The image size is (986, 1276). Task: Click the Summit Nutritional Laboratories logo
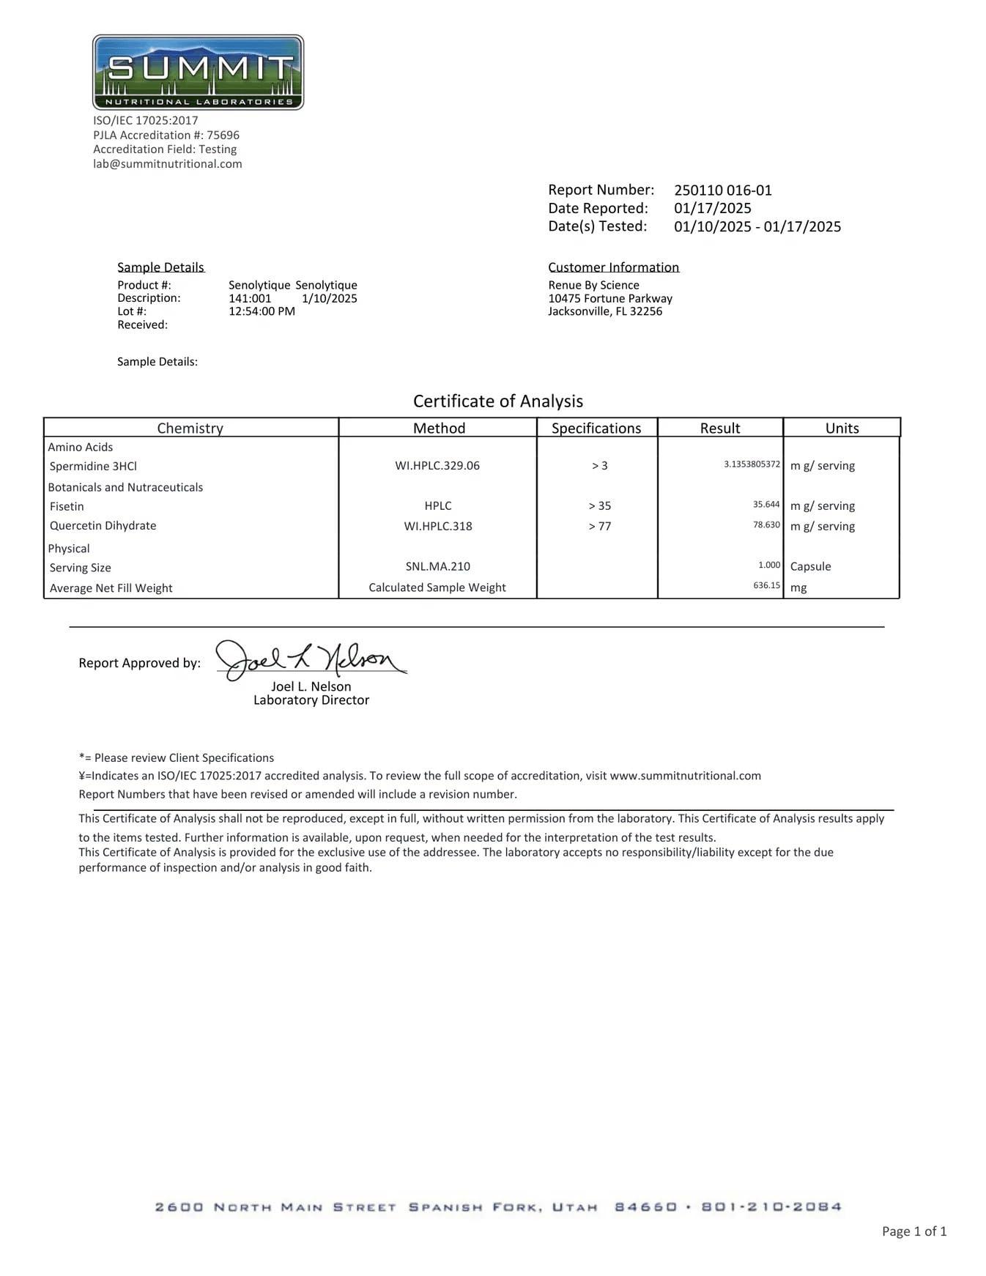click(198, 72)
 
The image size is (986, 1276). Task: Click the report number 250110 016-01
click(722, 190)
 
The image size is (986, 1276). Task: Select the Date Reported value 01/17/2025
click(712, 208)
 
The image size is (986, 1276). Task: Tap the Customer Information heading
click(613, 267)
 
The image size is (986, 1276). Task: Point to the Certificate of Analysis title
click(498, 401)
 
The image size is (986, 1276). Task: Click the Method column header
click(439, 428)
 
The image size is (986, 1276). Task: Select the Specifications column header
click(596, 428)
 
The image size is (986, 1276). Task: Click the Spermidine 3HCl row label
click(93, 467)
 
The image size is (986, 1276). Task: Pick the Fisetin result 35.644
click(766, 505)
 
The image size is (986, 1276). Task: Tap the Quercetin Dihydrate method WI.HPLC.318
click(438, 526)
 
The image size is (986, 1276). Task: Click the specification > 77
click(599, 526)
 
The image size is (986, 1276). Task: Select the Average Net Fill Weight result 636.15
click(766, 585)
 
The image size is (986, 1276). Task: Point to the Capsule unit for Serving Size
click(810, 566)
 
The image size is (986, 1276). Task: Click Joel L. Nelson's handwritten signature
click(311, 659)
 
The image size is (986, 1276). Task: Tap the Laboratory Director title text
click(311, 700)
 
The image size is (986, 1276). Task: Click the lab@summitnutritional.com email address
click(167, 164)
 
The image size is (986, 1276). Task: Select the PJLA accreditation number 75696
click(223, 136)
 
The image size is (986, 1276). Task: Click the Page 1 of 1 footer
click(914, 1231)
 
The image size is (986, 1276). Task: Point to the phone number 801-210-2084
click(771, 1207)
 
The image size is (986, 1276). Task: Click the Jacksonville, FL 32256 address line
click(605, 311)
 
